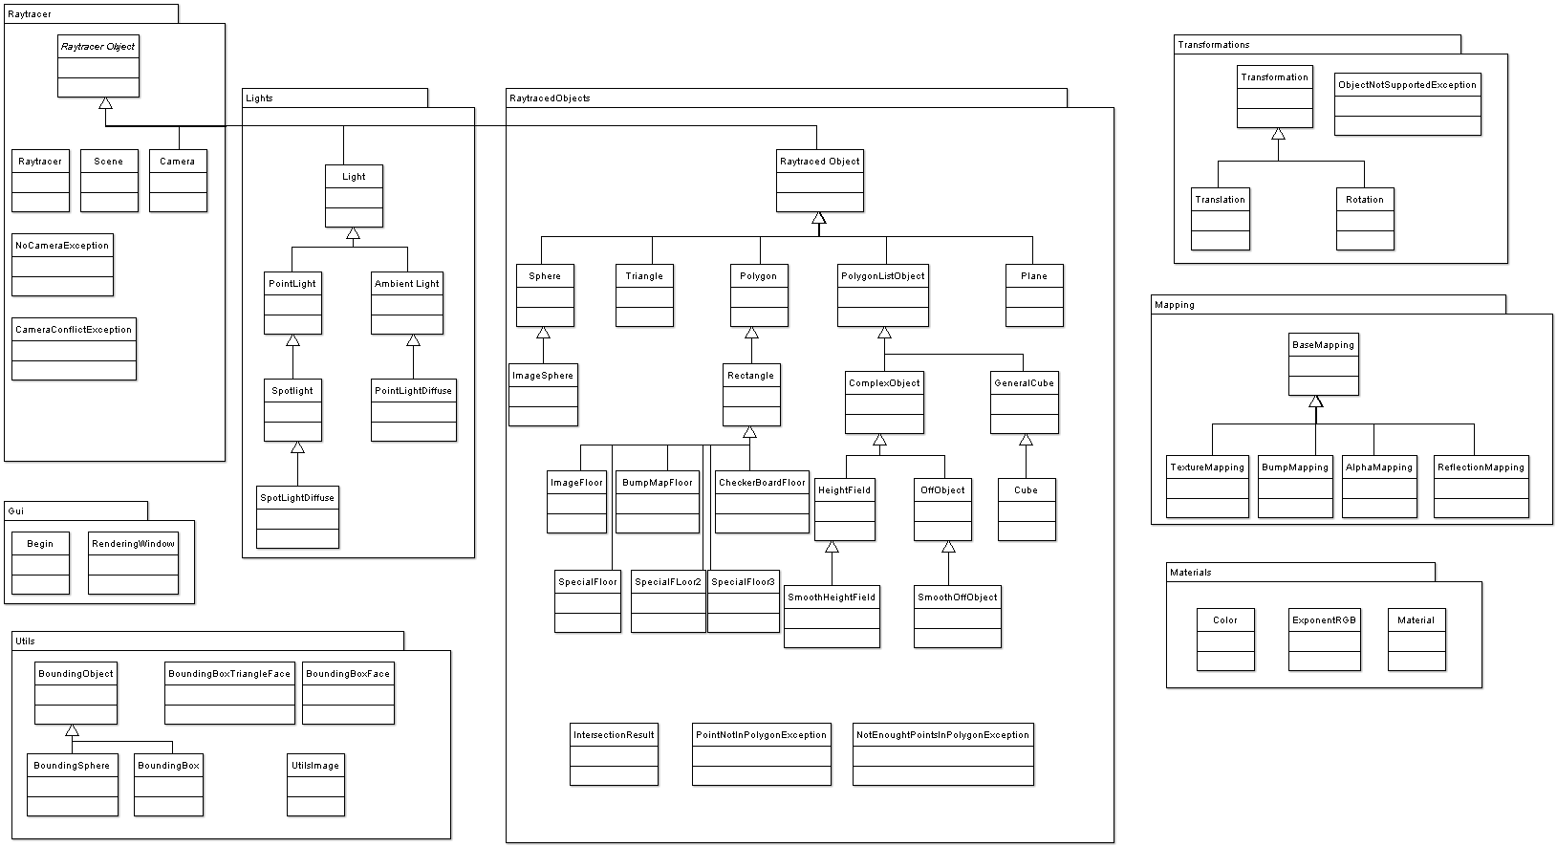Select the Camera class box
pyautogui.click(x=178, y=181)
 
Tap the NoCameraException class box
pyautogui.click(x=63, y=265)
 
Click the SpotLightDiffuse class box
pyautogui.click(x=297, y=517)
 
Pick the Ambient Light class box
pyautogui.click(x=407, y=303)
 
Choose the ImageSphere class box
pyautogui.click(x=543, y=395)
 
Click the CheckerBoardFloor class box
pyautogui.click(x=762, y=502)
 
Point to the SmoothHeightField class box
pyautogui.click(x=832, y=617)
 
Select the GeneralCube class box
pyautogui.click(x=1024, y=402)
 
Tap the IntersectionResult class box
pyautogui.click(x=614, y=754)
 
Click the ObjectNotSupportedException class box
pyautogui.click(x=1407, y=104)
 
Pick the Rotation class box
pyautogui.click(x=1365, y=219)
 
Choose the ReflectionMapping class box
pyautogui.click(x=1481, y=487)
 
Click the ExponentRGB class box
pyautogui.click(x=1324, y=640)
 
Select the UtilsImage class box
pyautogui.click(x=315, y=785)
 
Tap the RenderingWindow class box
pyautogui.click(x=133, y=563)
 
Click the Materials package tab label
pyautogui.click(x=1191, y=573)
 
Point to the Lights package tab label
pyautogui.click(x=259, y=98)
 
